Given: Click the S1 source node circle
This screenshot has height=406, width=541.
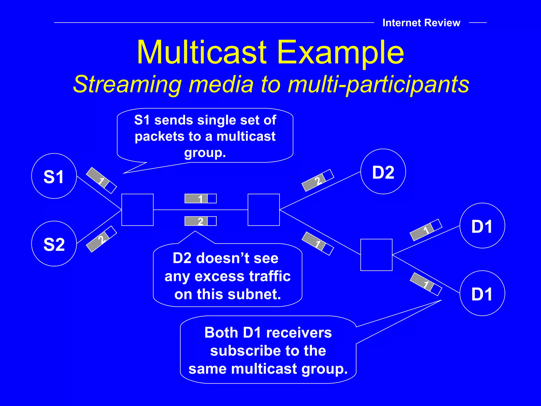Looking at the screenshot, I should [x=54, y=176].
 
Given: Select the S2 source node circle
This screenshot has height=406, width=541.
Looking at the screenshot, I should [x=54, y=243].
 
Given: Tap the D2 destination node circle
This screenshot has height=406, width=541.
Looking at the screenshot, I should [x=383, y=172].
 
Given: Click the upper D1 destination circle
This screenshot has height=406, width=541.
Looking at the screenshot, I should [x=482, y=226].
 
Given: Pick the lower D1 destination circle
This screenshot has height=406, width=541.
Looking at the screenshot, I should [x=482, y=293].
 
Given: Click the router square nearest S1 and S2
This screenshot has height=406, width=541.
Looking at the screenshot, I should [x=137, y=210].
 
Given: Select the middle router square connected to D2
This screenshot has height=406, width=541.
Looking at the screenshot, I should [x=264, y=210].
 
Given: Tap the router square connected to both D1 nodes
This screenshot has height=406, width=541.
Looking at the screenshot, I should [x=376, y=255].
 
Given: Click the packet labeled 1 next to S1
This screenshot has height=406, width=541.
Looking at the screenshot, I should [x=101, y=180].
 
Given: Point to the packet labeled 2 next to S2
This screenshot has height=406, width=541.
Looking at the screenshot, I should [x=101, y=239].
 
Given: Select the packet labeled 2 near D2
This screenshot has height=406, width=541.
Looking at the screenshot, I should [x=318, y=180].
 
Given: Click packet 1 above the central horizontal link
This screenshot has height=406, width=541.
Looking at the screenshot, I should [x=200, y=199].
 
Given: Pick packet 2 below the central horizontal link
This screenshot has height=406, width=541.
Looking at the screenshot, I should [x=200, y=221].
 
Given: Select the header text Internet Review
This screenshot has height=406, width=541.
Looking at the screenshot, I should [x=421, y=23].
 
